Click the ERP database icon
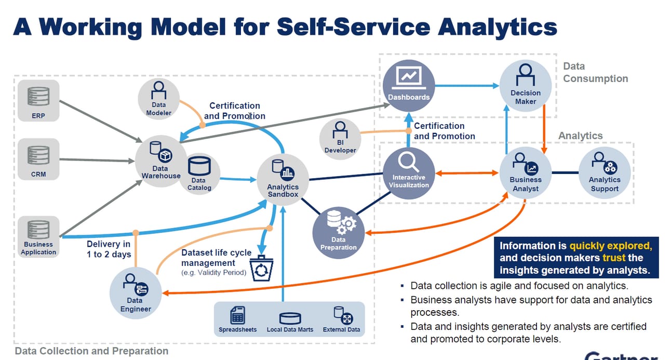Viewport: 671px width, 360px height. point(38,97)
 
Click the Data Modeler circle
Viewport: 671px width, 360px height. point(158,99)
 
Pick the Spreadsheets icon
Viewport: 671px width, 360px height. point(237,315)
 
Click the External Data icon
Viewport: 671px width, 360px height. point(342,315)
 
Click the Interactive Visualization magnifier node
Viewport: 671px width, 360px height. point(409,172)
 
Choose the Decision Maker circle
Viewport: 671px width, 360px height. point(525,85)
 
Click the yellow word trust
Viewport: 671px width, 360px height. point(613,258)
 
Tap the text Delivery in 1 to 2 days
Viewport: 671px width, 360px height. point(109,249)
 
